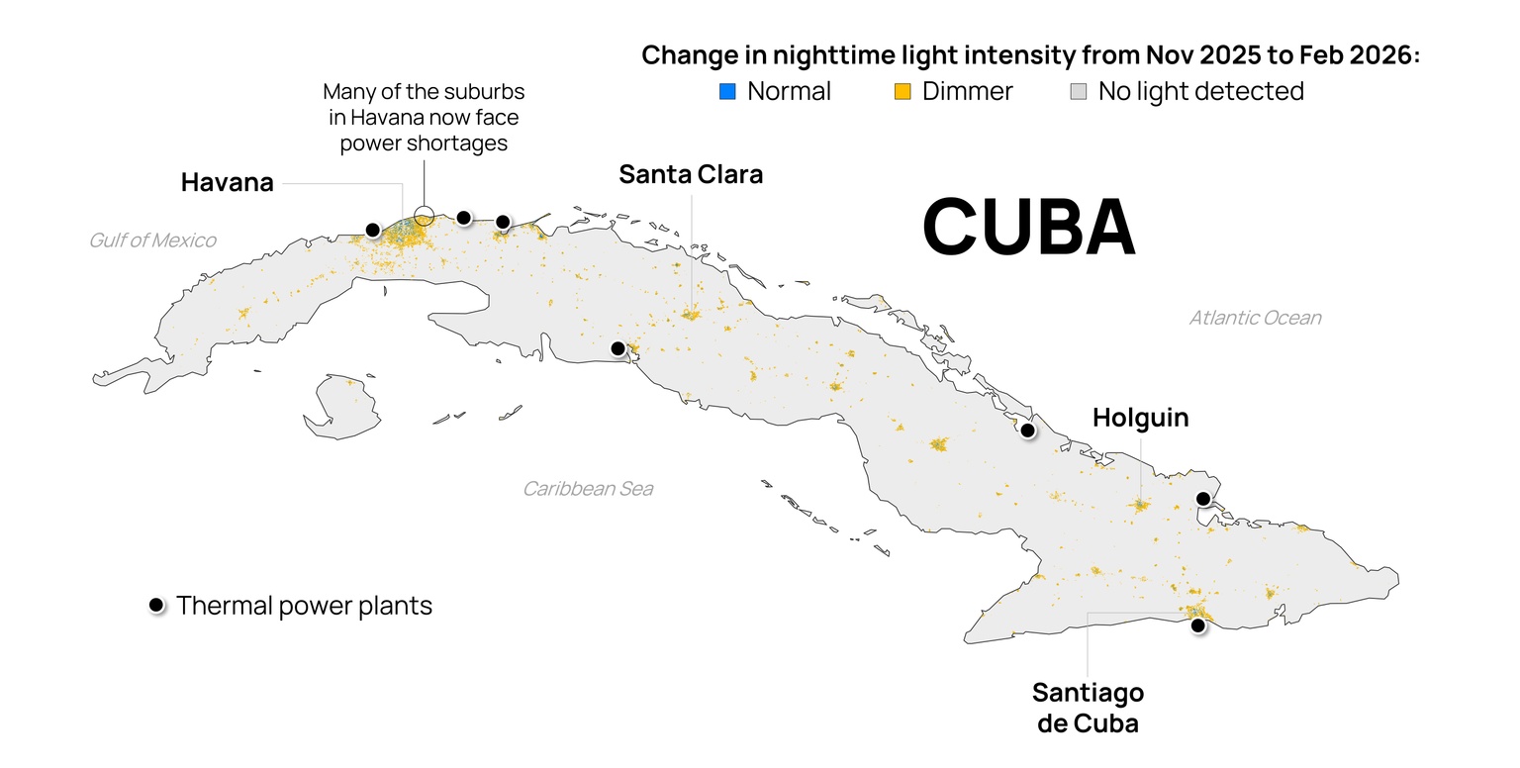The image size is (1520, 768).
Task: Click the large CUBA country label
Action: point(1028,227)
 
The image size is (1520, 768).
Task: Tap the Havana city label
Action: point(227,182)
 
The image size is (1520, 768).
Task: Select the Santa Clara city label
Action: point(691,174)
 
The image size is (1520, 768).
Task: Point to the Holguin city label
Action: point(1140,418)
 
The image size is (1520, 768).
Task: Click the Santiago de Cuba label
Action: point(1088,707)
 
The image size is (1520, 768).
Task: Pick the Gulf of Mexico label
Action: point(152,240)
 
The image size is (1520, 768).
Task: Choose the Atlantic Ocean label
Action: point(1255,318)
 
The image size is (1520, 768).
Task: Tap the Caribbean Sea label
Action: point(588,489)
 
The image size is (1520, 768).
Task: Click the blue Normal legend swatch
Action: point(727,92)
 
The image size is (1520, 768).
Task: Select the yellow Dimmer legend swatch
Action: point(902,92)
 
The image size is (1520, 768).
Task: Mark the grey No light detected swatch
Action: point(1079,92)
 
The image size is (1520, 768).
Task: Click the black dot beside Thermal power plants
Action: point(155,605)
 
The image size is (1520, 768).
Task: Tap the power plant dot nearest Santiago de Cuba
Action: point(1197,625)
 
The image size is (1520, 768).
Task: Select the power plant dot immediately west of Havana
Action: point(372,230)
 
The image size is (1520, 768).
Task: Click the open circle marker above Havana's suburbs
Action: point(424,214)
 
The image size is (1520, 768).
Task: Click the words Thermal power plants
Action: point(304,605)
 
